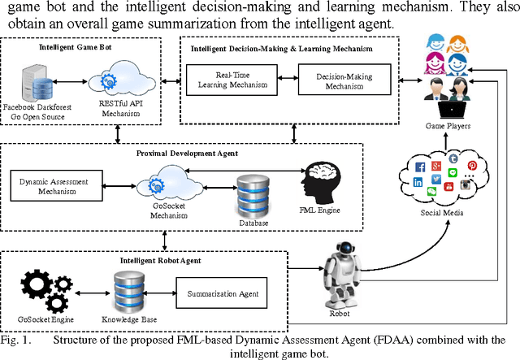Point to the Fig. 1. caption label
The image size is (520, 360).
point(15,339)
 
